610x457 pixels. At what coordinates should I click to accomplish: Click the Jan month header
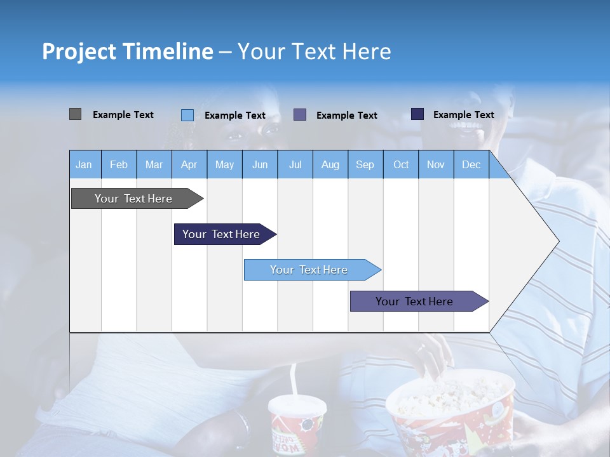(x=85, y=164)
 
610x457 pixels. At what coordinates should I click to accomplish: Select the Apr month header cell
(x=189, y=164)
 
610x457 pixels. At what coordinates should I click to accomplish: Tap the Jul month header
(x=295, y=164)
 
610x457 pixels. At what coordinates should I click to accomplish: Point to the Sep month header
(x=365, y=164)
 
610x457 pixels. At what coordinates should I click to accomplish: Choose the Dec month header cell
(x=471, y=164)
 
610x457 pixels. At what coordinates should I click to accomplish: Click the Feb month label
(x=119, y=164)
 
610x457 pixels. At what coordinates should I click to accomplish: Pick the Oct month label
(x=401, y=164)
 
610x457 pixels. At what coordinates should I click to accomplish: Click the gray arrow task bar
(x=134, y=199)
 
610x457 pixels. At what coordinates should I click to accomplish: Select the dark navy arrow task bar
(x=222, y=234)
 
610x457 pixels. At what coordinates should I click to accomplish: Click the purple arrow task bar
(x=415, y=301)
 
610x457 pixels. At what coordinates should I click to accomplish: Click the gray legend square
(x=75, y=114)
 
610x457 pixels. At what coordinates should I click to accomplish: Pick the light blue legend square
(x=187, y=115)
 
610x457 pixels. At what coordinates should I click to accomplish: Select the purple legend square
(x=300, y=114)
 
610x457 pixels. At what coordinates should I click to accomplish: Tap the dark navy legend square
(x=417, y=114)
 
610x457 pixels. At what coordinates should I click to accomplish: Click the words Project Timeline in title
(x=127, y=51)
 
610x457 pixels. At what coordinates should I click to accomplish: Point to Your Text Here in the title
(x=315, y=51)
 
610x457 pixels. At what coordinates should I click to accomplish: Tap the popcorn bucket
(x=451, y=413)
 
